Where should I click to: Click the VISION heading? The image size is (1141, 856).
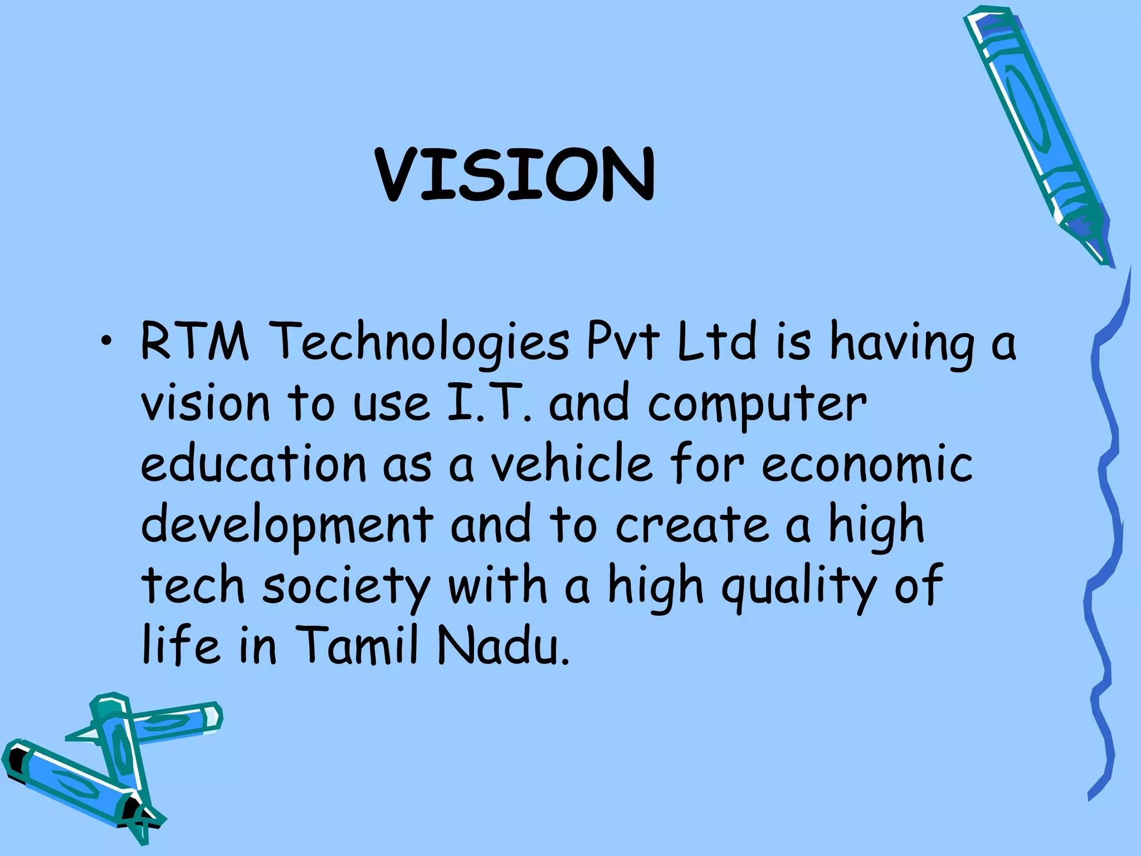(515, 174)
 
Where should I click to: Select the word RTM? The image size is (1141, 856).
(194, 341)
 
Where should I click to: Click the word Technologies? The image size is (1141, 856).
(422, 342)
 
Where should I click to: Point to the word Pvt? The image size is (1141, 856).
(623, 341)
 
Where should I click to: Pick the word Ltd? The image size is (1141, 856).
(717, 341)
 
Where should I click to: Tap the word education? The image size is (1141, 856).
(253, 463)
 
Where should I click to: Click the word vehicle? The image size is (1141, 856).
(571, 463)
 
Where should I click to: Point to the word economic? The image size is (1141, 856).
(867, 464)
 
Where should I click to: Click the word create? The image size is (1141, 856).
(691, 525)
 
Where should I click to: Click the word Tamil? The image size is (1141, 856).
(356, 646)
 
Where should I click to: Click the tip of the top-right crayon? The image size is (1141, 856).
(1105, 259)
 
